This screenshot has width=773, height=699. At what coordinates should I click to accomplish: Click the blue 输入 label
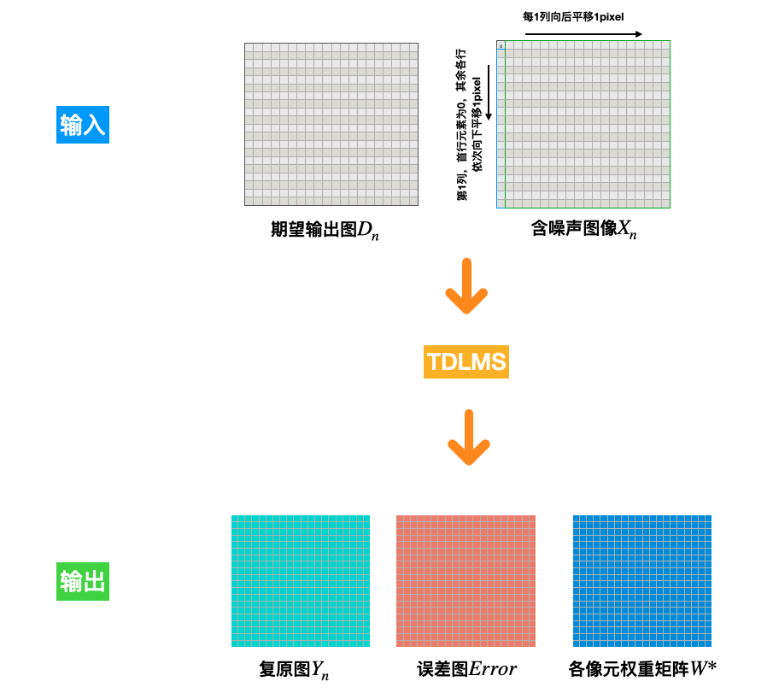pyautogui.click(x=83, y=126)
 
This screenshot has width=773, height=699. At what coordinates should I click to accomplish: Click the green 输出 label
pyautogui.click(x=83, y=582)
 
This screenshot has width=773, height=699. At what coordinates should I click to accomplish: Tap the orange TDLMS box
pyautogui.click(x=466, y=362)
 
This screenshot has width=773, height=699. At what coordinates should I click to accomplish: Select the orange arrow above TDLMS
pyautogui.click(x=466, y=286)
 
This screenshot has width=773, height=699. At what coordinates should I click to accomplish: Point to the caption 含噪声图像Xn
pyautogui.click(x=583, y=229)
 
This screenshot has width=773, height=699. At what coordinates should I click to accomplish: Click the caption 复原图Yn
pyautogui.click(x=294, y=670)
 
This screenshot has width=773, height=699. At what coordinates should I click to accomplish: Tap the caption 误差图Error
pyautogui.click(x=466, y=669)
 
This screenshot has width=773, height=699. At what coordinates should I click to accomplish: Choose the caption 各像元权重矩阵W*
pyautogui.click(x=641, y=669)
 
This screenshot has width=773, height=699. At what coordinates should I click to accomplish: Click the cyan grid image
pyautogui.click(x=301, y=581)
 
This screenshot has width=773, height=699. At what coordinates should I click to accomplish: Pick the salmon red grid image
pyautogui.click(x=466, y=581)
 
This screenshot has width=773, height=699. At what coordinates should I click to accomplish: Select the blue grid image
pyautogui.click(x=641, y=581)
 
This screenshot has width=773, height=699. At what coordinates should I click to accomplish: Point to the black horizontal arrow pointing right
pyautogui.click(x=583, y=34)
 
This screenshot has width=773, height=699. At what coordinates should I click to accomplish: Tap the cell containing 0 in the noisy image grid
pyautogui.click(x=501, y=45)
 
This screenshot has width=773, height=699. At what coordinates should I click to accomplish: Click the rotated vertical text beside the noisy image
pyautogui.click(x=470, y=125)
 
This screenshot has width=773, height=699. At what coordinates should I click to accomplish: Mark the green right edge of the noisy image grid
pyautogui.click(x=670, y=124)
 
